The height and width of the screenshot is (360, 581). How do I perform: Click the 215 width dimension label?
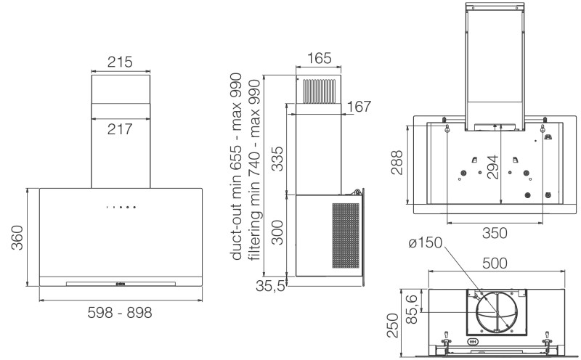coord(120,62)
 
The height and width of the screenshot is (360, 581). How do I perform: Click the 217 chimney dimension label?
coord(120,129)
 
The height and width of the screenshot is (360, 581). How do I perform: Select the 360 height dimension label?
coord(17,237)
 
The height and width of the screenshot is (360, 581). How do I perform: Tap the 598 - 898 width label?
coord(120,313)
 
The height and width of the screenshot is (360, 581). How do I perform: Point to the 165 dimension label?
coord(319,58)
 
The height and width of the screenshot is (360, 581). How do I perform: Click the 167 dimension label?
coord(359,107)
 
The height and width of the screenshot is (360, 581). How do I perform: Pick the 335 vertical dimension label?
coord(277,159)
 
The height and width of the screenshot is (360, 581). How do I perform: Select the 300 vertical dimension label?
coord(277,232)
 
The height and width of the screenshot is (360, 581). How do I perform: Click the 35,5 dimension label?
coord(270,285)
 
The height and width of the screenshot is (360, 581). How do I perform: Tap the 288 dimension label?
coord(397,163)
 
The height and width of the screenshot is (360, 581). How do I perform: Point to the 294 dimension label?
coord(492,168)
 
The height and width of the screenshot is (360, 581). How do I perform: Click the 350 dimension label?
coord(495,233)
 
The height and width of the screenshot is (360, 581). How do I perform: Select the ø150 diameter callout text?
coord(426,243)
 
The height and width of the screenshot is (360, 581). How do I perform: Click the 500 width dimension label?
coord(495,263)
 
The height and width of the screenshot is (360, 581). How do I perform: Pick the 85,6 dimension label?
coord(411,309)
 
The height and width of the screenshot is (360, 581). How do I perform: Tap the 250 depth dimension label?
coord(393,326)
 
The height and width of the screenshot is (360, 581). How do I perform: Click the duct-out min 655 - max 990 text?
coord(236,167)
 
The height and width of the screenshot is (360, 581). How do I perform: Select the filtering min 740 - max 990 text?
coord(255,170)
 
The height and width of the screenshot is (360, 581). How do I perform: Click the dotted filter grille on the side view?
coord(346,235)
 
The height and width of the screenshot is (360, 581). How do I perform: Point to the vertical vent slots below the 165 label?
coord(320,91)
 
